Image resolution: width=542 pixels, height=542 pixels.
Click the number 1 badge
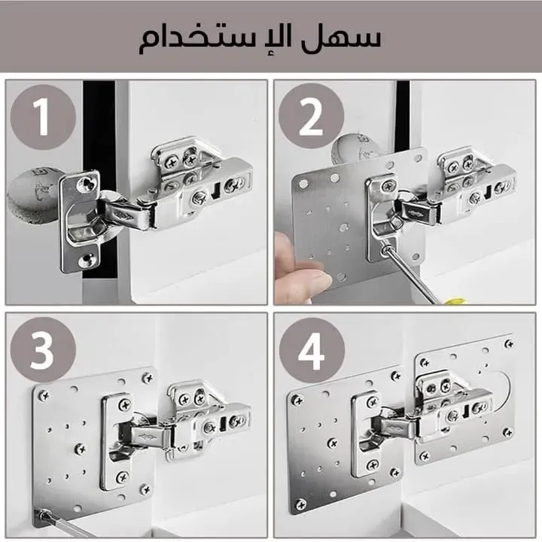[x=43, y=117]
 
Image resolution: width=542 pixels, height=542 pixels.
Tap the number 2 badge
[x=311, y=116]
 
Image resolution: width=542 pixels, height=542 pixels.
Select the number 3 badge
[x=43, y=349]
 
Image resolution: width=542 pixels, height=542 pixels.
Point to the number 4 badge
[x=312, y=351]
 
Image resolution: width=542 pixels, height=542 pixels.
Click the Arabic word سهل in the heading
[x=340, y=38]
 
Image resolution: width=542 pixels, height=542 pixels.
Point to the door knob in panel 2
[x=351, y=148]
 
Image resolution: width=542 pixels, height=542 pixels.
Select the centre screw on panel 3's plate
[x=81, y=449]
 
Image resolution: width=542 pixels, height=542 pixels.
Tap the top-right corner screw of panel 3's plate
[x=148, y=377]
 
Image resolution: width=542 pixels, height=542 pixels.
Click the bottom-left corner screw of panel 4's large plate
[x=300, y=505]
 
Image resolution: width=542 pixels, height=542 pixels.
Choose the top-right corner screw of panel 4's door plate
[x=508, y=343]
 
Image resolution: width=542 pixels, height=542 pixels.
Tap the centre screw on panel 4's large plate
[x=333, y=443]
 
